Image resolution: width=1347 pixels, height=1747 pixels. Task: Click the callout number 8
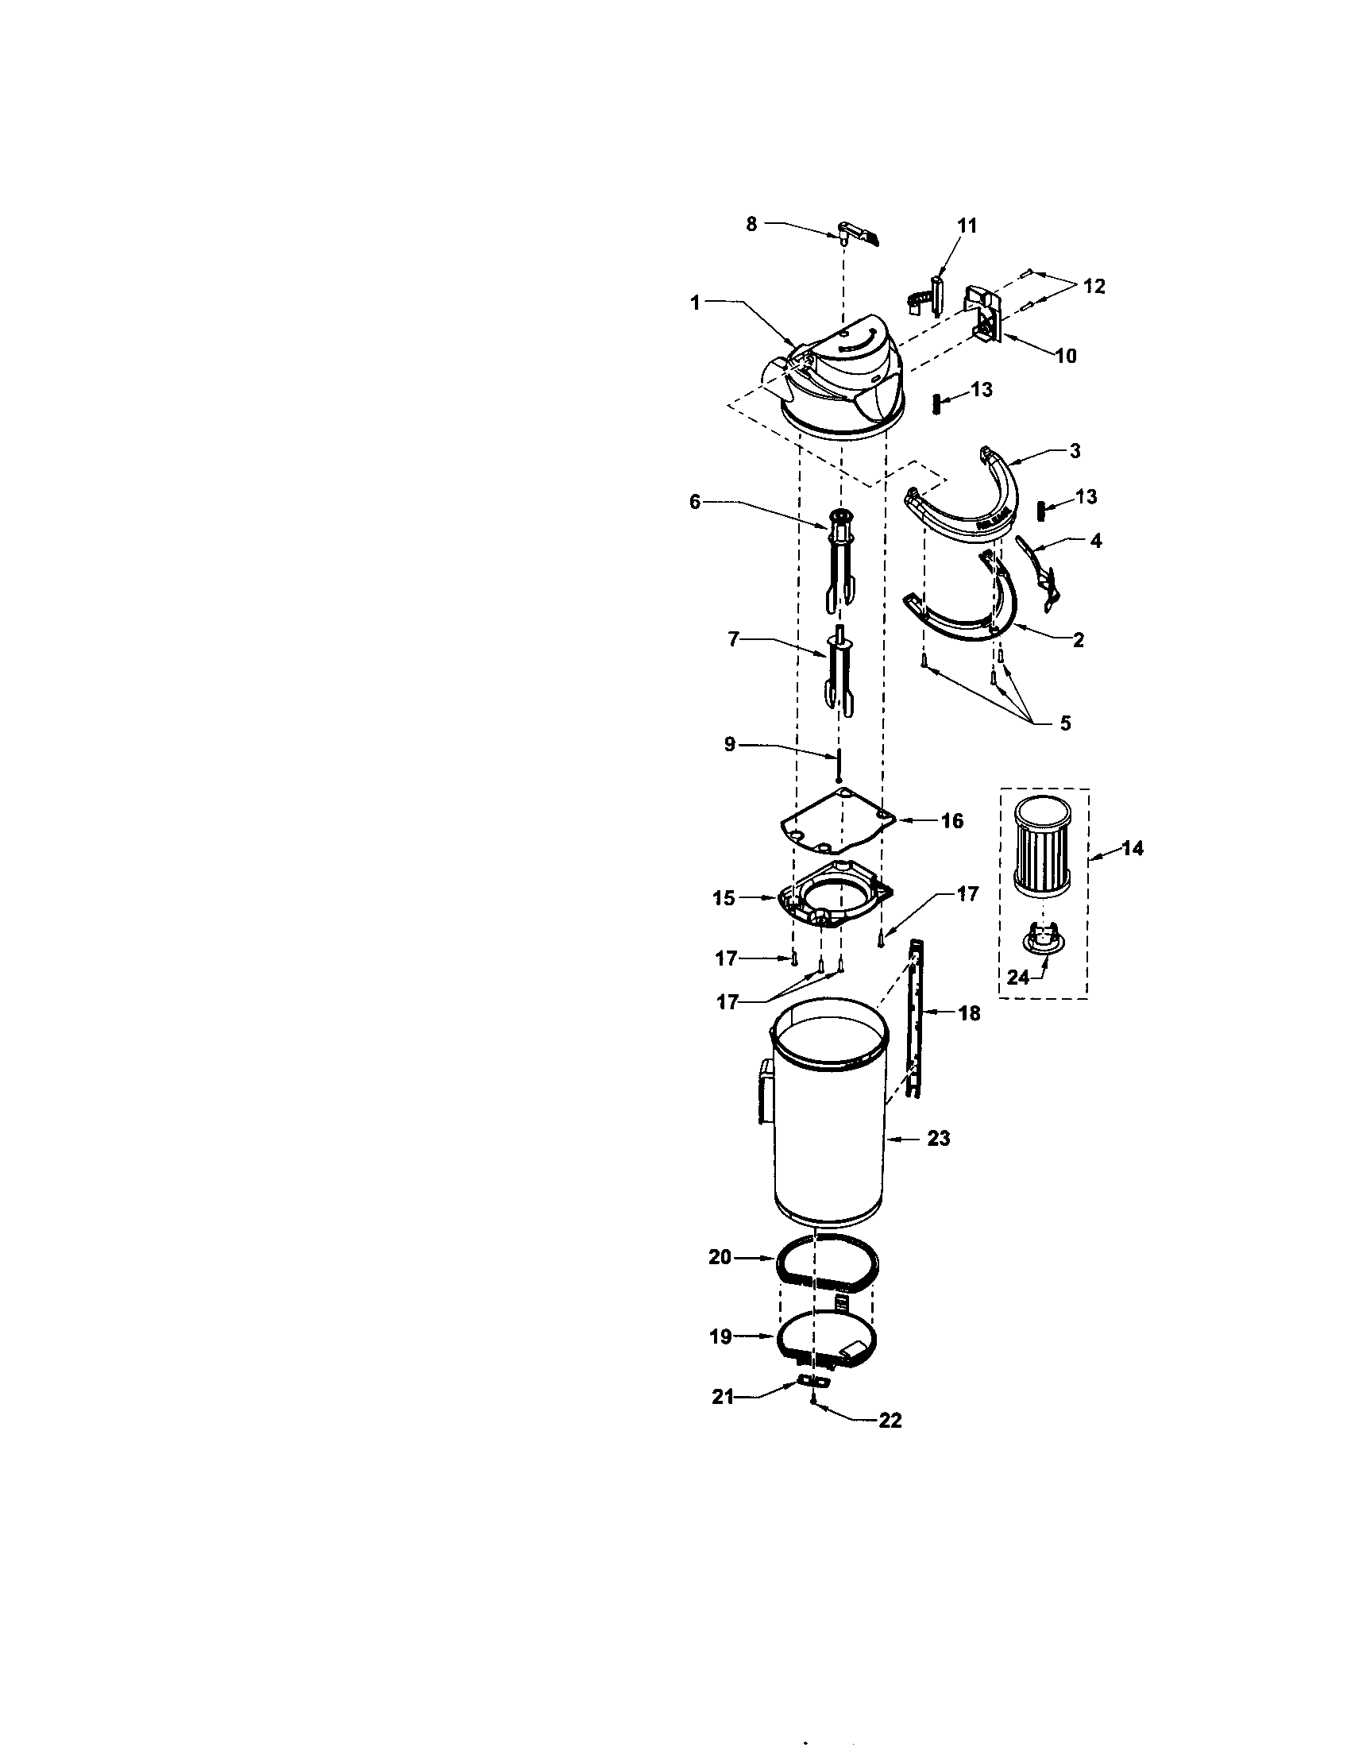(751, 225)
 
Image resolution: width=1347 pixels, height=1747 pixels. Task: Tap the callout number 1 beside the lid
(696, 303)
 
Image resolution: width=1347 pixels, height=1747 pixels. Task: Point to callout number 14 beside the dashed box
(1132, 848)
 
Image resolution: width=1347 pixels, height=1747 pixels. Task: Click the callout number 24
(1017, 977)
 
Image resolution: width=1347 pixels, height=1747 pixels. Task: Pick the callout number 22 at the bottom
(890, 1420)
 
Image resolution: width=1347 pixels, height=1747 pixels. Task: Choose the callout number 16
(951, 821)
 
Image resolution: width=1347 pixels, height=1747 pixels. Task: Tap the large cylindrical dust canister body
(828, 1143)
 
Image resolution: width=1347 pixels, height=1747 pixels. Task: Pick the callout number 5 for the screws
(1064, 723)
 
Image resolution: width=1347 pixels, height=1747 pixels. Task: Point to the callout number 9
(729, 744)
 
